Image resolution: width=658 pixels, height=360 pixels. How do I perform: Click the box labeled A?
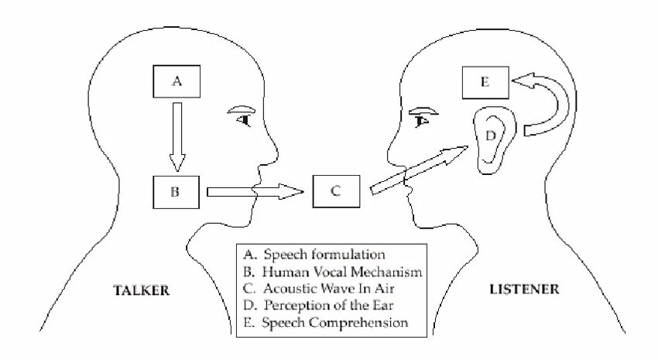176,81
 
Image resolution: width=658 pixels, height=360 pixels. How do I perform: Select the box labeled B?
176,192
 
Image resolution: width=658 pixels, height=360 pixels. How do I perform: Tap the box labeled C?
336,191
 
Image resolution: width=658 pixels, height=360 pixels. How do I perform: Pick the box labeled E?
485,82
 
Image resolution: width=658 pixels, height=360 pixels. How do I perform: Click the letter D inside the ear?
490,135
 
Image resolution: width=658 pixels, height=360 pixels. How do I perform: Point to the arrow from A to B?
177,135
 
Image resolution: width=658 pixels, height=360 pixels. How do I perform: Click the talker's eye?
245,118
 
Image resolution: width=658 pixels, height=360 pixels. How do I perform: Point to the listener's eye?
423,118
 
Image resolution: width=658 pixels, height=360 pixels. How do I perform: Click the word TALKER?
142,290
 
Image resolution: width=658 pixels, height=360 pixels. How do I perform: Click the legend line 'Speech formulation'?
324,255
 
